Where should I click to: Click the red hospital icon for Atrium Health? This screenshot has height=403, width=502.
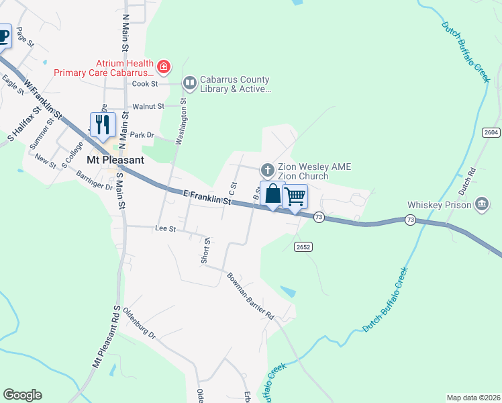coord(164,66)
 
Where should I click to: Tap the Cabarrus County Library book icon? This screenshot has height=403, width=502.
coord(189,83)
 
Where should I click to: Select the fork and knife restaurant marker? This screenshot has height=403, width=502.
coord(103,125)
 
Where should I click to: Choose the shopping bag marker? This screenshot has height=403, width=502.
coord(272,195)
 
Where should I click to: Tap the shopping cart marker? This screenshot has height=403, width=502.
coord(295,197)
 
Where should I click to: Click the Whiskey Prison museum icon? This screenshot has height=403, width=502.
coord(481,204)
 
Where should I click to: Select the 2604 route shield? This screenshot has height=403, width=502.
coord(491,132)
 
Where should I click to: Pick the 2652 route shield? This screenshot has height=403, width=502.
coord(303,247)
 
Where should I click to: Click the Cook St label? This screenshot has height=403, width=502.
coord(144,84)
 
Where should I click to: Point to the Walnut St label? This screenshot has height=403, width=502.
coord(148,106)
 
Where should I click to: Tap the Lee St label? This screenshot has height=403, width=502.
coord(165,228)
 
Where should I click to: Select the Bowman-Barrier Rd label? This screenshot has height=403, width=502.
coord(251,295)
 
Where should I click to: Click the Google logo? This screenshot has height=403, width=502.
coord(22,395)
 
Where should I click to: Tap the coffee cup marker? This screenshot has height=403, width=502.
coord(3,36)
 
